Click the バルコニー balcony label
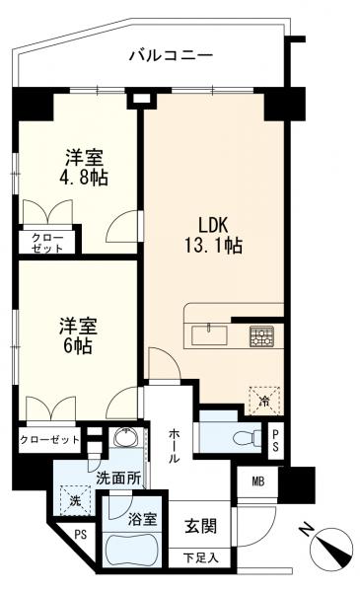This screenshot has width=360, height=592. (171, 55)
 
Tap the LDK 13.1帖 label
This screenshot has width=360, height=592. (213, 235)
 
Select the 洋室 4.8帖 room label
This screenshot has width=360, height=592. (84, 168)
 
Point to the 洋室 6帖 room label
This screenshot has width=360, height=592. (78, 336)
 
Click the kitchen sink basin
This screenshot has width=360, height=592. (209, 335)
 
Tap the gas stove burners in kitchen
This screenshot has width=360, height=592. (261, 336)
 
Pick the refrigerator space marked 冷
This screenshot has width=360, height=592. (265, 401)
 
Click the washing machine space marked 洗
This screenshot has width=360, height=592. (76, 500)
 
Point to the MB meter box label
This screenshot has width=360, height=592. (258, 481)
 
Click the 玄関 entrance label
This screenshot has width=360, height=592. (201, 526)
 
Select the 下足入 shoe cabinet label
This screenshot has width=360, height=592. (200, 556)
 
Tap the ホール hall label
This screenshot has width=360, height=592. (174, 446)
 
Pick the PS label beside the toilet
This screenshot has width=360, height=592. (275, 440)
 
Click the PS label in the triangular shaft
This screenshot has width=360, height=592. (80, 535)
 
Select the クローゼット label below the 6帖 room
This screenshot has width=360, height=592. (50, 440)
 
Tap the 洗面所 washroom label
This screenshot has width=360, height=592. (118, 479)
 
